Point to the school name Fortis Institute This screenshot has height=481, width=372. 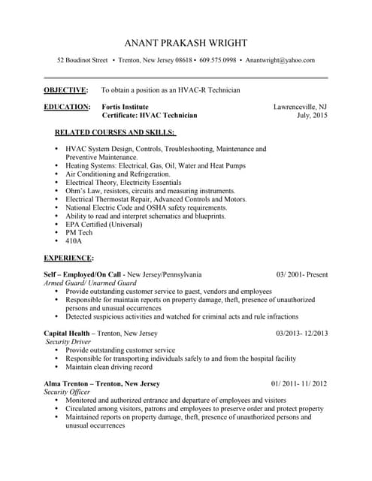click(125, 107)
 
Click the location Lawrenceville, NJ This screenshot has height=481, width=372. click(300, 107)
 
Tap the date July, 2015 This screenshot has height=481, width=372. click(312, 116)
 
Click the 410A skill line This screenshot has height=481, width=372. click(74, 241)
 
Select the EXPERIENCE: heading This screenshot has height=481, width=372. click(68, 258)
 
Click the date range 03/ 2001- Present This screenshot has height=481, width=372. click(301, 274)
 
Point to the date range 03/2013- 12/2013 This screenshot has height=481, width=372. click(301, 333)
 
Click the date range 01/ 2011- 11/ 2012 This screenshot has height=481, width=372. click(299, 383)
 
